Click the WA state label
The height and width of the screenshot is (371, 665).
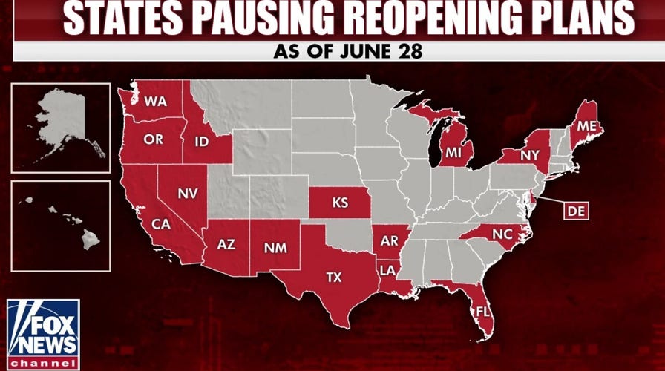click(155, 101)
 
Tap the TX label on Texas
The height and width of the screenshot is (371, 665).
click(335, 278)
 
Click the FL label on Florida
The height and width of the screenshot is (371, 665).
click(481, 309)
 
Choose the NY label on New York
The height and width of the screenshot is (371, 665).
click(530, 156)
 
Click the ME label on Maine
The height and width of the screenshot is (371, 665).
click(586, 127)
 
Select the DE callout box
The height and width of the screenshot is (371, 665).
click(573, 211)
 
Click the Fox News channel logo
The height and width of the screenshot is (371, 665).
click(43, 334)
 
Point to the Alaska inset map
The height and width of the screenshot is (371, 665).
click(61, 128)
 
